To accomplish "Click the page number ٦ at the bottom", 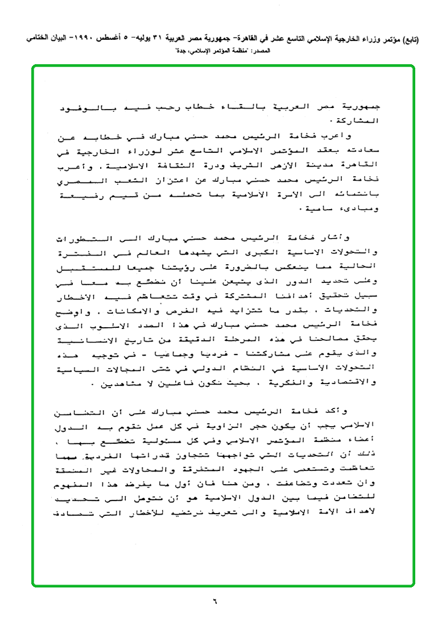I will coord(216,599).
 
